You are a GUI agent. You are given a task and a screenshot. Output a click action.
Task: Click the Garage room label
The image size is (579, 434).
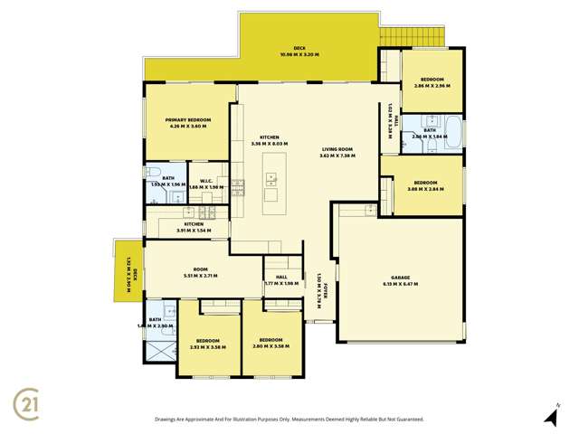pos(400,278)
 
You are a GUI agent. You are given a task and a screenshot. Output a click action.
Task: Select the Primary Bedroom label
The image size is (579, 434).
pos(187,120)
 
